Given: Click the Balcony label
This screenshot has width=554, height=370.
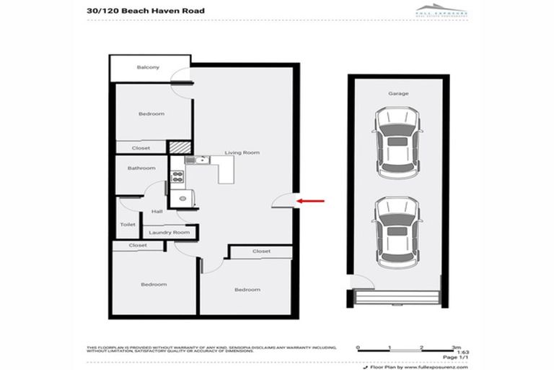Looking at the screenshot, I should pos(148,68).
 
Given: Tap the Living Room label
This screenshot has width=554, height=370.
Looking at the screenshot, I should pos(242,153).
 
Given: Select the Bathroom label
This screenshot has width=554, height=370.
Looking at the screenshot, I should pos(141,168).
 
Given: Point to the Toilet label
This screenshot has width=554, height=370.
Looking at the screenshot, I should pos(128,225).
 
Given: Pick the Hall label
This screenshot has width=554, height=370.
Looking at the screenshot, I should pos(157,211).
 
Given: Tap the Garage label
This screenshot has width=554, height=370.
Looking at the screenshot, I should pos(398,94).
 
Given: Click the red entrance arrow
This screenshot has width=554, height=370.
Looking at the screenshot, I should pos(312,202).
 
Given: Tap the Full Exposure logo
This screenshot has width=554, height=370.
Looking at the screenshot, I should pos(441,9).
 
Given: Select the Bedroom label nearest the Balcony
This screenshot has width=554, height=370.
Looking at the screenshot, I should pos(151,113).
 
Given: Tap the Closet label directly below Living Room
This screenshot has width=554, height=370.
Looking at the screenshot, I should pos(261,251).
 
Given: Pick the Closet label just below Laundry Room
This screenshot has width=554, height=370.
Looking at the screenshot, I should pos(138,246).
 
